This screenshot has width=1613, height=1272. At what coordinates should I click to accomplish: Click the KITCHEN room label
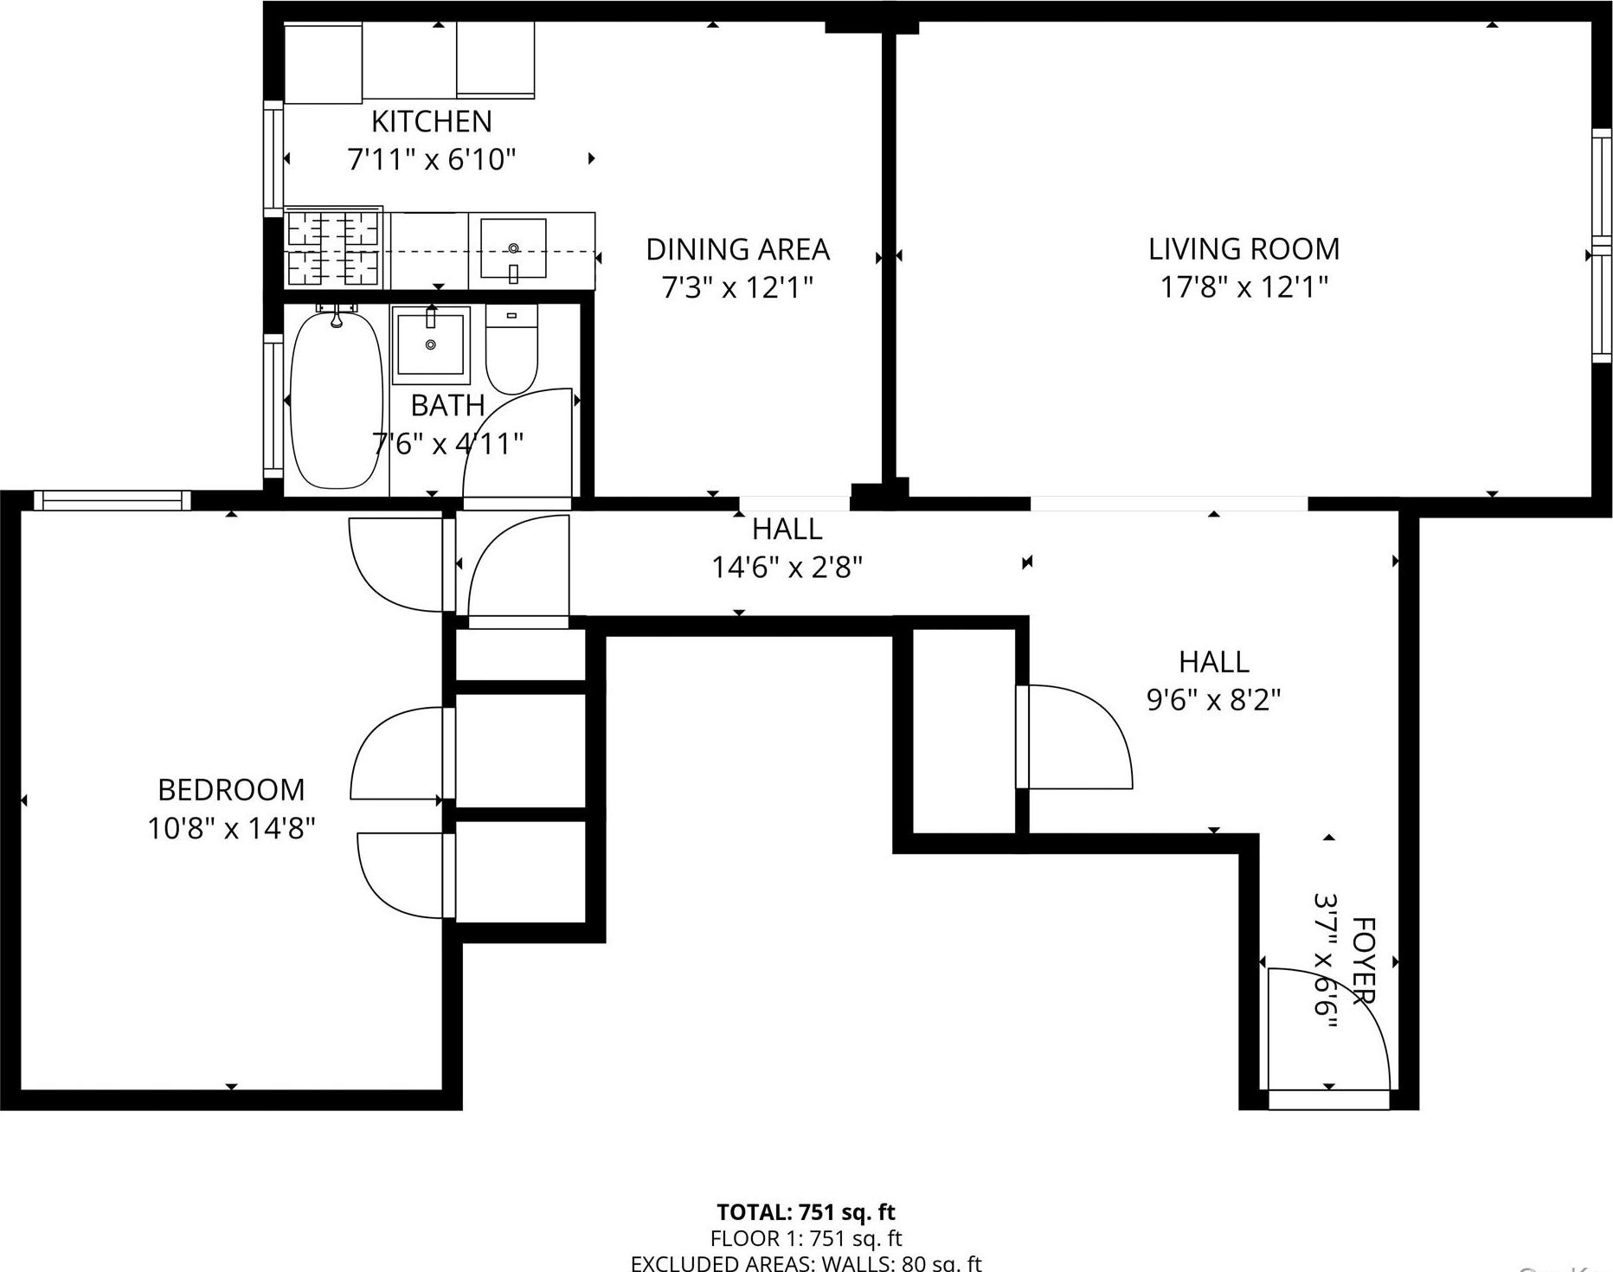[x=431, y=121]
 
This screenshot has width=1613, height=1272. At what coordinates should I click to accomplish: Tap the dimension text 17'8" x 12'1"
[x=1243, y=286]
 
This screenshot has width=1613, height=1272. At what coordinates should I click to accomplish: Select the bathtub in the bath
[x=336, y=401]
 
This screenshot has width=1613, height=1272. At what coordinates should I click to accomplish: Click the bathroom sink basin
[x=431, y=344]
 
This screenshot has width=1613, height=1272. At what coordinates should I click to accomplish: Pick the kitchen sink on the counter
[x=513, y=247]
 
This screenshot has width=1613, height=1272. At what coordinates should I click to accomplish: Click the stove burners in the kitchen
[x=333, y=249]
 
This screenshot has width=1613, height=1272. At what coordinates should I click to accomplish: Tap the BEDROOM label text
[x=231, y=789]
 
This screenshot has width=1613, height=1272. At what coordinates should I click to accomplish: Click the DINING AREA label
[x=737, y=249]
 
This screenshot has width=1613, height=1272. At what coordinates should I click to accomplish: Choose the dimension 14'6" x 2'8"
[x=787, y=568]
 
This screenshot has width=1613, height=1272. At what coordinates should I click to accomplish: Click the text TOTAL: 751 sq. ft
[x=806, y=1212]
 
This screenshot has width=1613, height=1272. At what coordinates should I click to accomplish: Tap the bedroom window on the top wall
[x=112, y=500]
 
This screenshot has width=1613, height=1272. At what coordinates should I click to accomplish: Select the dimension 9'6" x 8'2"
[x=1213, y=699]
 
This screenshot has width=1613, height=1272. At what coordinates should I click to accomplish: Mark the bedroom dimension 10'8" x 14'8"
[x=231, y=828]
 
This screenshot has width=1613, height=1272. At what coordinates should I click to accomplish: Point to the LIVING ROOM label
[x=1243, y=249]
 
